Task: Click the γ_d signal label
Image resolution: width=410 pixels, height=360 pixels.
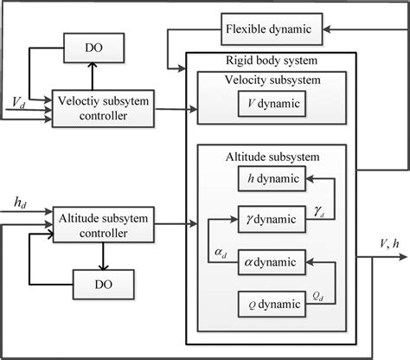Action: coord(320,211)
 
